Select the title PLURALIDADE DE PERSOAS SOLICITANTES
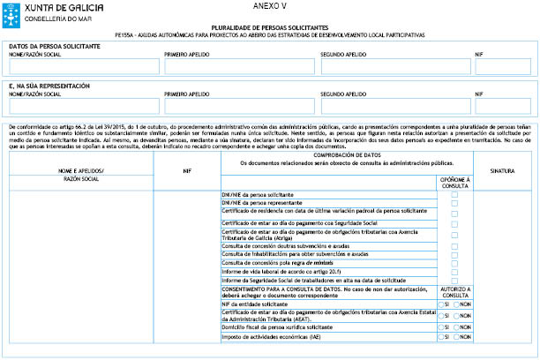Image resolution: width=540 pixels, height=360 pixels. point(269,28)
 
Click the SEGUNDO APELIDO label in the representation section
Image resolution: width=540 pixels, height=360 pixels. point(343,93)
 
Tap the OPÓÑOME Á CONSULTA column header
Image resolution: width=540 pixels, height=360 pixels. point(454,182)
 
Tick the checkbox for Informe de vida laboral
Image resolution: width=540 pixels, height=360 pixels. point(454,272)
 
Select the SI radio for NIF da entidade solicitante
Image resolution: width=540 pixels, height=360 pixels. point(442,304)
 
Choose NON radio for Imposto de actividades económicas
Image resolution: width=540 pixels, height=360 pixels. point(457,336)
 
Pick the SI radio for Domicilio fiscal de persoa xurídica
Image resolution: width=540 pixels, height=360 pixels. point(442,326)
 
